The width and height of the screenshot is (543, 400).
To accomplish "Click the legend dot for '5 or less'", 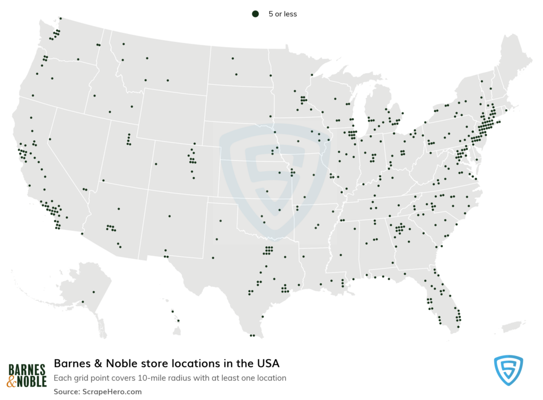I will coord(255,14).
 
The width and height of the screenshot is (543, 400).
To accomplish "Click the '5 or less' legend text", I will coord(283,14).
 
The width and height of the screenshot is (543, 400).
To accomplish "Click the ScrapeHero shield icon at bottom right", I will coord(508,370).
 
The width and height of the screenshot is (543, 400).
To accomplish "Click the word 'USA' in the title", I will coord(267,364).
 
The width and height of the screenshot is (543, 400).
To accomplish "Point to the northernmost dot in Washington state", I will coord(60,18).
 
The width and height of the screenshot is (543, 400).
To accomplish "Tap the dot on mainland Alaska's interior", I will coord(93,292).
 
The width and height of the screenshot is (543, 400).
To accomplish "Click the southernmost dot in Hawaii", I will coord(178,320).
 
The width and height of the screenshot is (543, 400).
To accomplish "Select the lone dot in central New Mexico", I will coord(169,216).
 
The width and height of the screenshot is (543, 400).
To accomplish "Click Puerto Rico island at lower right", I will coord(512,325).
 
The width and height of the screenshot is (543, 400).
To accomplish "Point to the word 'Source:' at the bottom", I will coord(67,392).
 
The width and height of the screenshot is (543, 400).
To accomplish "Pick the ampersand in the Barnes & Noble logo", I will coord(12,381).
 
